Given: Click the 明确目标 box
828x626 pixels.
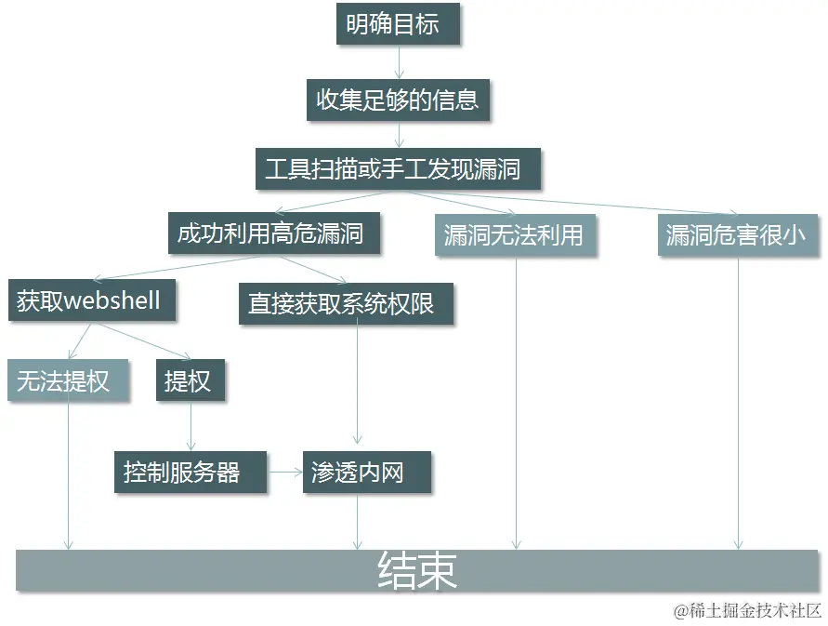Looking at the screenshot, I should click(x=398, y=25).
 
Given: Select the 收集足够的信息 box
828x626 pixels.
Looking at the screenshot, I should click(x=398, y=100).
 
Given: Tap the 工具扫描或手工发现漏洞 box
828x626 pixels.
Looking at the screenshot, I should click(x=398, y=169).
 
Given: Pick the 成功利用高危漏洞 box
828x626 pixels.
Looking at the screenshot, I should click(x=275, y=233).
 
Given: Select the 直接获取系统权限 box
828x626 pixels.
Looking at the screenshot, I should click(x=346, y=303).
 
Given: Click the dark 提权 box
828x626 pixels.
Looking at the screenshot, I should click(x=190, y=380).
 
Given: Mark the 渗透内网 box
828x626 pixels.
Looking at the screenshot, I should click(x=366, y=473).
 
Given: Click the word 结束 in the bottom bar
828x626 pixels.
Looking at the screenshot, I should click(x=417, y=571).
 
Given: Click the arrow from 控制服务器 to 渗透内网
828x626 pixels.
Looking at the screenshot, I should click(x=285, y=473).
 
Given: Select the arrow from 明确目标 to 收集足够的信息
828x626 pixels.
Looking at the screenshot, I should click(x=399, y=62).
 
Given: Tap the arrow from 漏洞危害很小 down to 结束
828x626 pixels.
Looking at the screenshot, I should click(x=739, y=400).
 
